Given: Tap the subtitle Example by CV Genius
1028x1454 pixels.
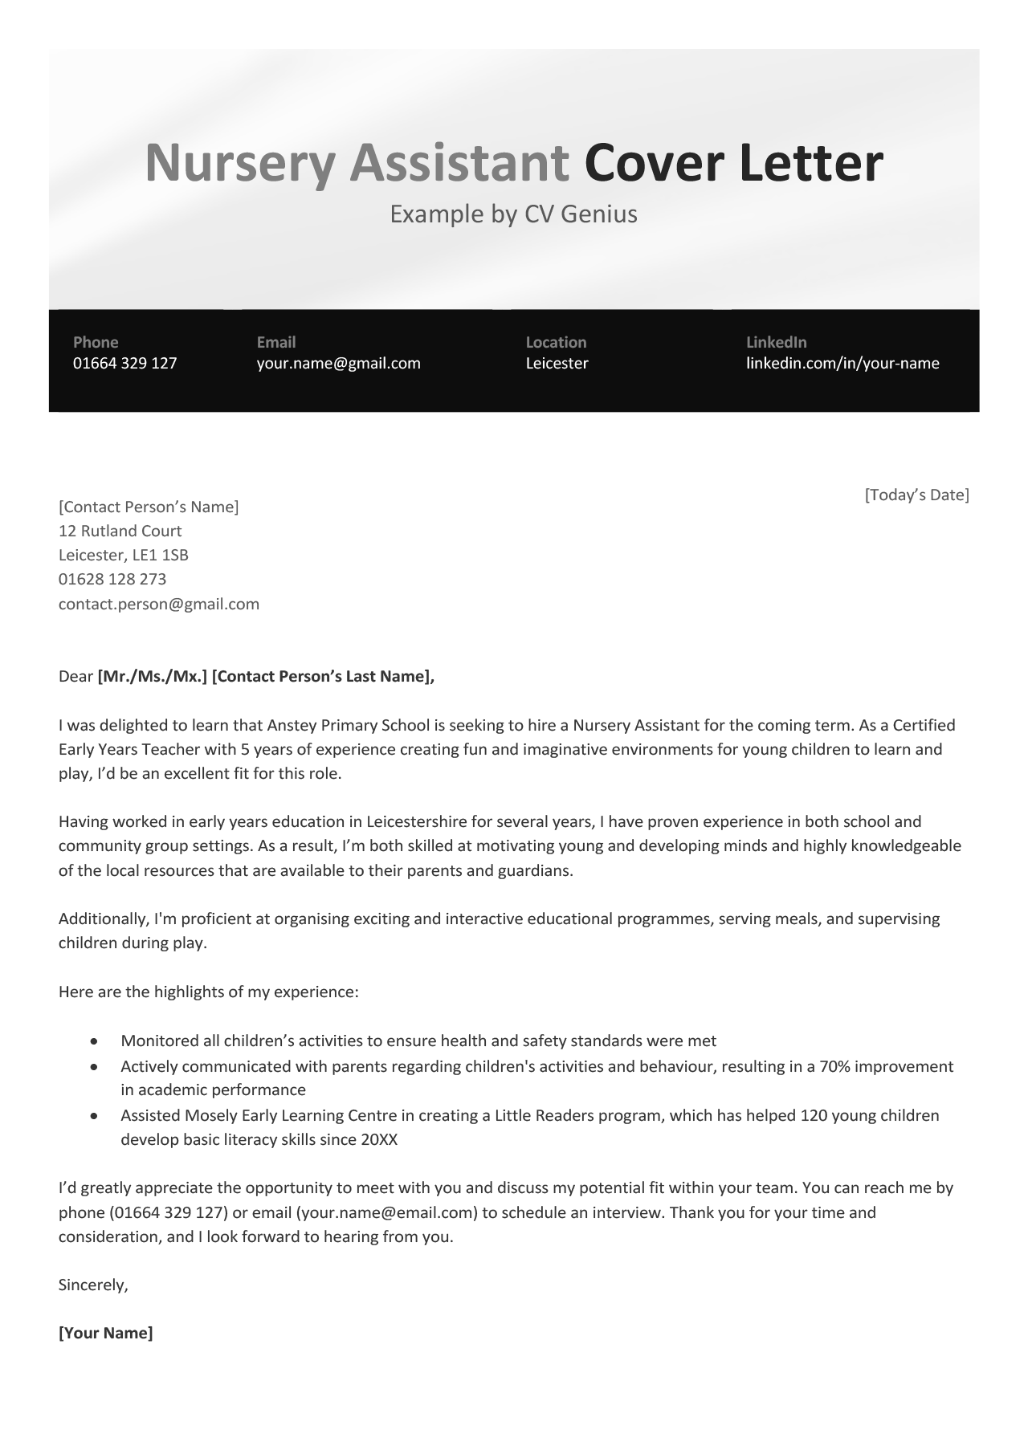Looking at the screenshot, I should click(513, 214).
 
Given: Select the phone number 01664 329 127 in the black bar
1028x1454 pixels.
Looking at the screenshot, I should click(124, 363).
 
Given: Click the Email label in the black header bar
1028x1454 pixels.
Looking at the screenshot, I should click(276, 342).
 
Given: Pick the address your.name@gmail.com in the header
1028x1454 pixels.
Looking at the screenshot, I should click(338, 363).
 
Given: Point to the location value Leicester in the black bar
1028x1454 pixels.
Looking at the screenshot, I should click(557, 363).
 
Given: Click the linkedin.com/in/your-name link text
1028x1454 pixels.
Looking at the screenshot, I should click(842, 363).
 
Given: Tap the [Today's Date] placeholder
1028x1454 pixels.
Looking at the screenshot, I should click(916, 495).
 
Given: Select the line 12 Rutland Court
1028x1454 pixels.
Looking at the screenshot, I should click(120, 531).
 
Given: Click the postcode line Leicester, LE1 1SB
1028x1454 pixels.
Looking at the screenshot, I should click(124, 555).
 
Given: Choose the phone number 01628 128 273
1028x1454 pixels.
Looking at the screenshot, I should click(112, 579).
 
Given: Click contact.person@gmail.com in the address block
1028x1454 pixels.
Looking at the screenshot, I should click(159, 604).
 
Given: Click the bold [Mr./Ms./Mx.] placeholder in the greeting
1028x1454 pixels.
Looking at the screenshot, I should click(153, 676).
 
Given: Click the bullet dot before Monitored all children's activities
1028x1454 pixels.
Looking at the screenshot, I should click(95, 1041).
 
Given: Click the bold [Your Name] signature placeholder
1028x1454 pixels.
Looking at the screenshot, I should click(106, 1334).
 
